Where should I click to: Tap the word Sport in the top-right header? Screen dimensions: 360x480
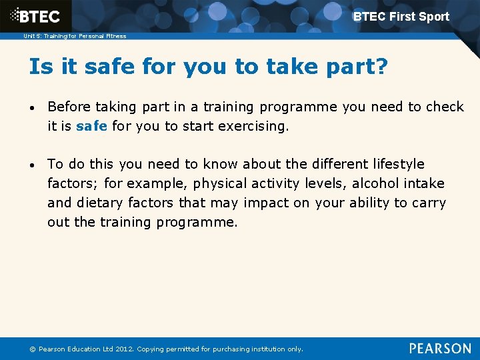pos(433,17)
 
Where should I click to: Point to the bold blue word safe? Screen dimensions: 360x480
pos(92,125)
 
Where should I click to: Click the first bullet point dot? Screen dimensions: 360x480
pos(33,108)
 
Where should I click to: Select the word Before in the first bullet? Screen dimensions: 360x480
pos(70,107)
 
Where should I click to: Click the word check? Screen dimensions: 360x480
pos(445,107)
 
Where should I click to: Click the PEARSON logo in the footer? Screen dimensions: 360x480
pos(440,348)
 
